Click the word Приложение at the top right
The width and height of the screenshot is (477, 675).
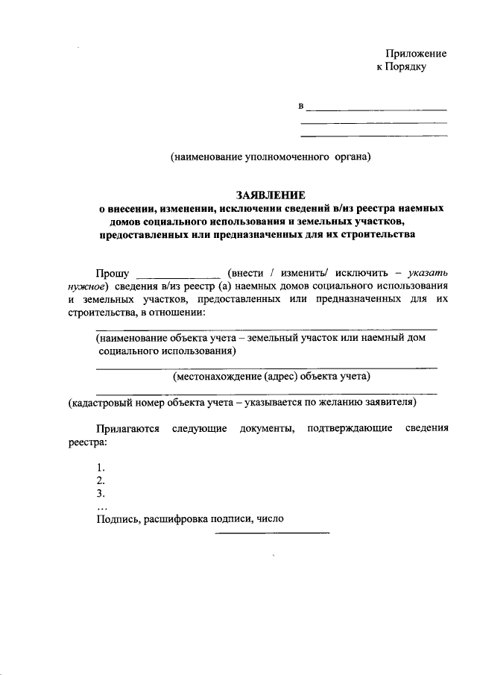point(415,54)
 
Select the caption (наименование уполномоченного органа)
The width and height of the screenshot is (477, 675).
point(269,157)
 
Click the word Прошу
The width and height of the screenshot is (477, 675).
point(112,273)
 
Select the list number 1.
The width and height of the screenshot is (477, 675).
point(101,468)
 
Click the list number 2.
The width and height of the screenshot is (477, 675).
point(101,480)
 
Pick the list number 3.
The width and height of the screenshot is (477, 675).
point(101,493)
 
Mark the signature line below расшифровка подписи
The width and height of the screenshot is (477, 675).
point(272,533)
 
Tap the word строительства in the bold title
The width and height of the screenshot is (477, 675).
point(369,235)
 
